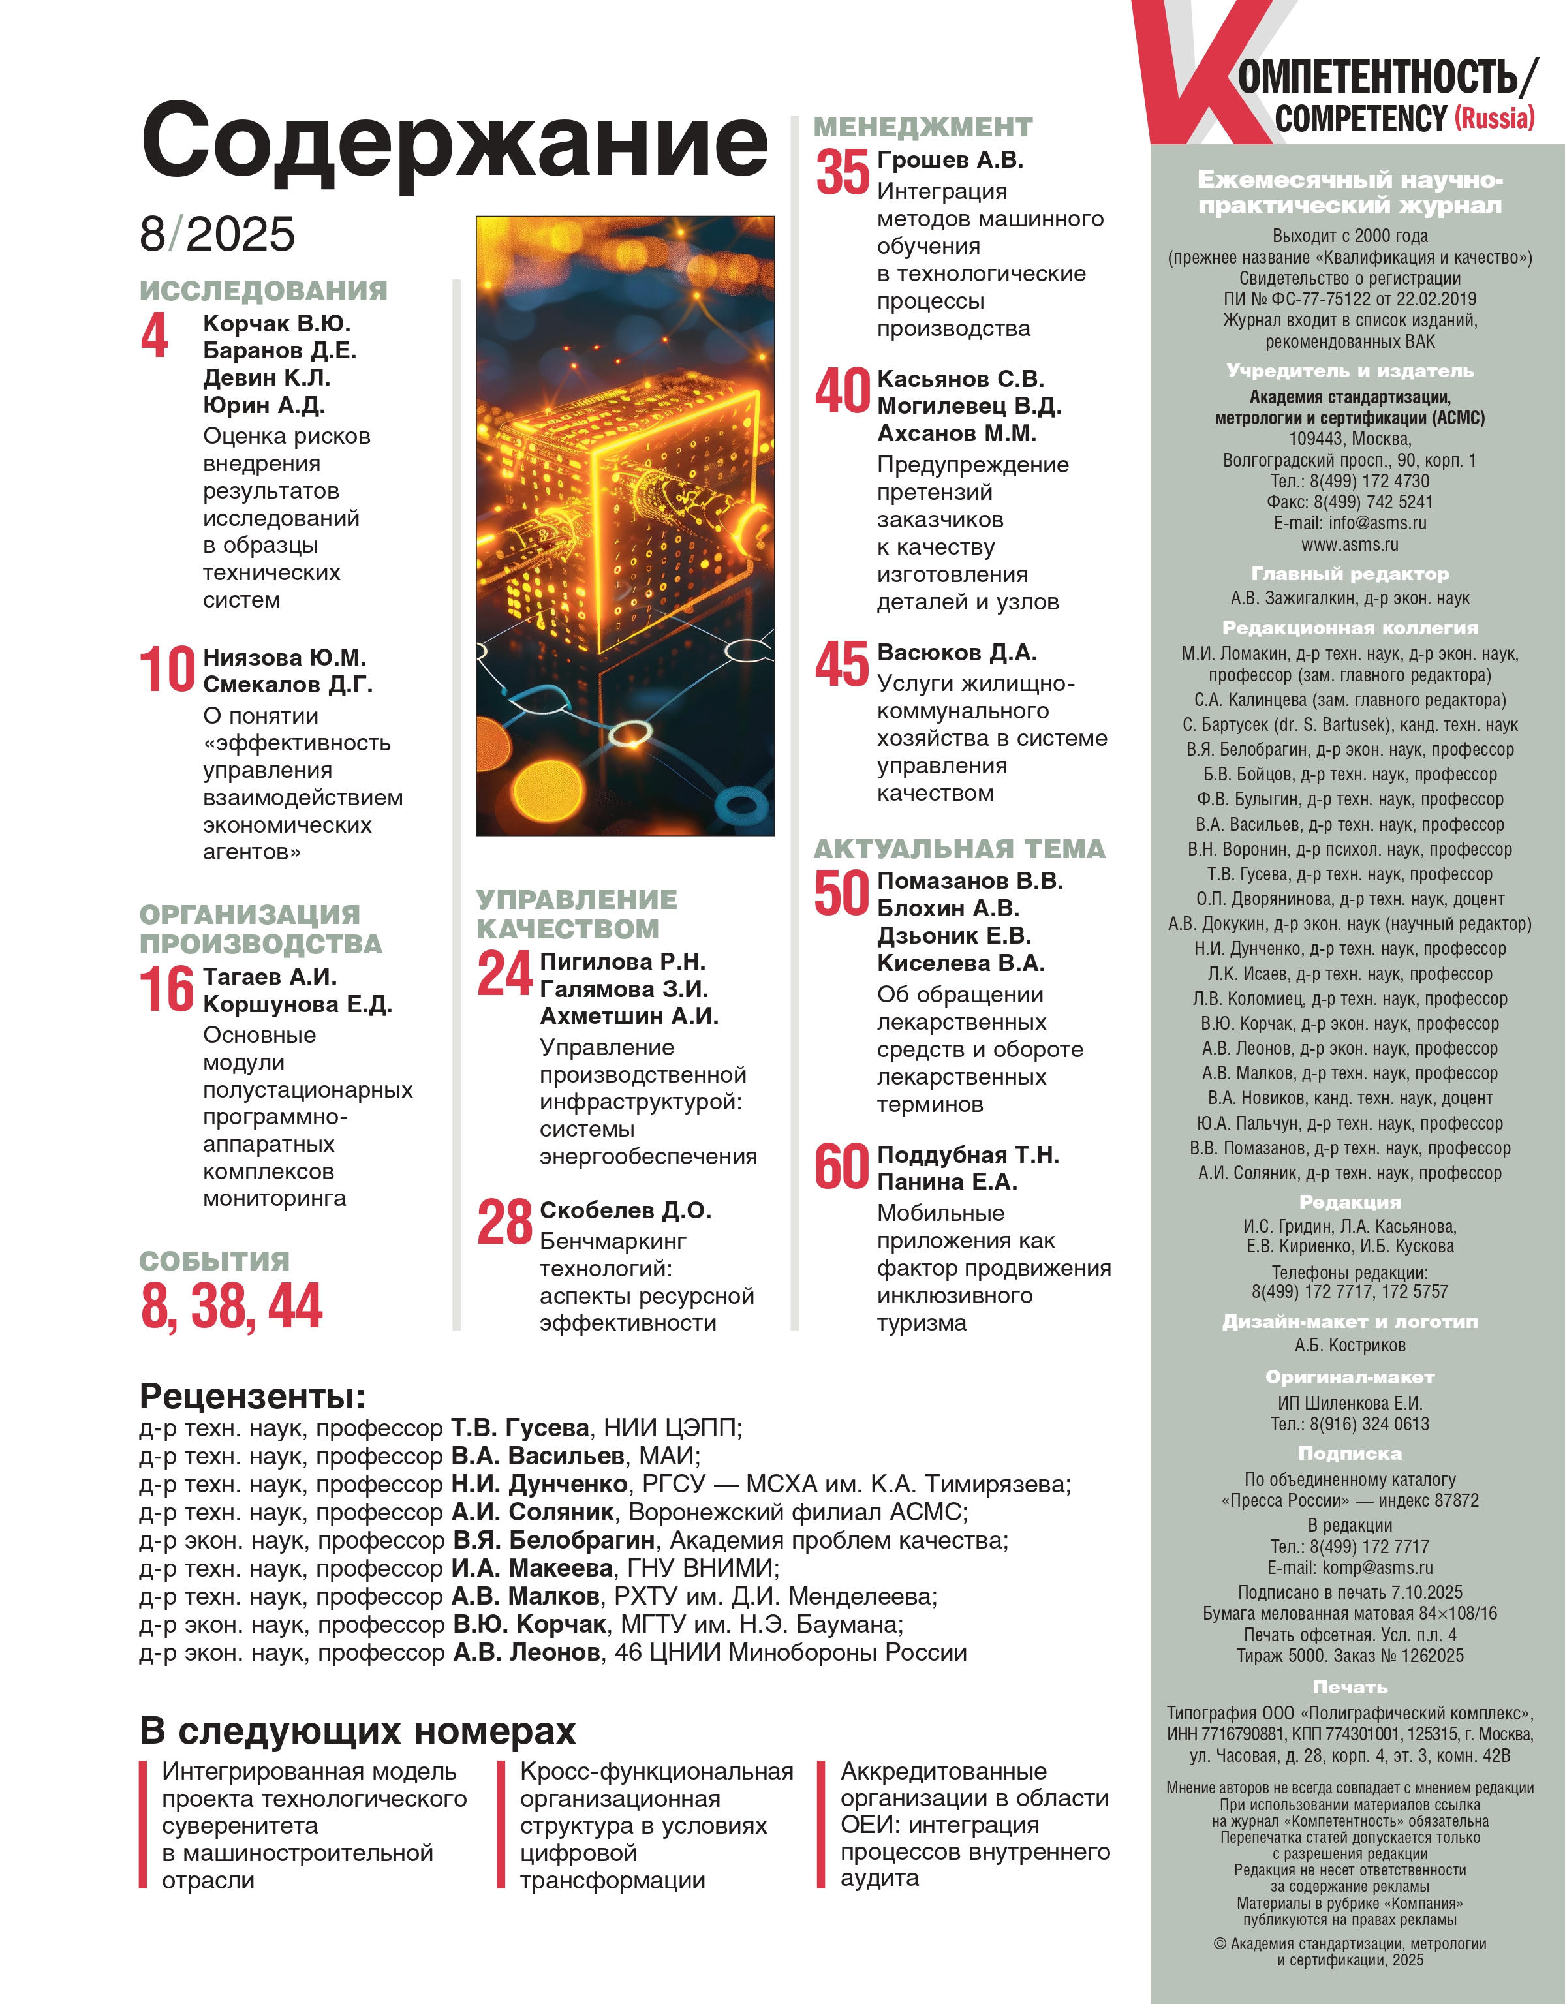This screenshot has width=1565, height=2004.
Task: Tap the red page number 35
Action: coord(842,172)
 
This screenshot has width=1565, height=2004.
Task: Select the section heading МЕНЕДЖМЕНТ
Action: coord(922,127)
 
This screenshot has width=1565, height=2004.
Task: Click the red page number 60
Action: coord(841,1166)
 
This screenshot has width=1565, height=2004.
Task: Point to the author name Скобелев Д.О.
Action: coord(625,1210)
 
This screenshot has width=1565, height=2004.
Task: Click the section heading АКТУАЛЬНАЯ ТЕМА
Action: coord(959,849)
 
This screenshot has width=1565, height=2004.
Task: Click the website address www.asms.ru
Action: coord(1349,544)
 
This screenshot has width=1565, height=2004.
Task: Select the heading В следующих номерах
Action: coord(357,1731)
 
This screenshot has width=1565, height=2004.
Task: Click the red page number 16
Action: coord(166,989)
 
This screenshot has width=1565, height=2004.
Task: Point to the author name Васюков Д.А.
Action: coord(957,653)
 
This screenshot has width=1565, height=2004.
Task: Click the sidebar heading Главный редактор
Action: coord(1349,574)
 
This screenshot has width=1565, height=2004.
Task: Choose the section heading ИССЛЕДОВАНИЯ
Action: coord(264,291)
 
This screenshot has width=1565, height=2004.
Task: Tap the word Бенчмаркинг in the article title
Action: coord(612,1242)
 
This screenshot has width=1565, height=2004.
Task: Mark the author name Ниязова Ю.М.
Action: coord(285,658)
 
